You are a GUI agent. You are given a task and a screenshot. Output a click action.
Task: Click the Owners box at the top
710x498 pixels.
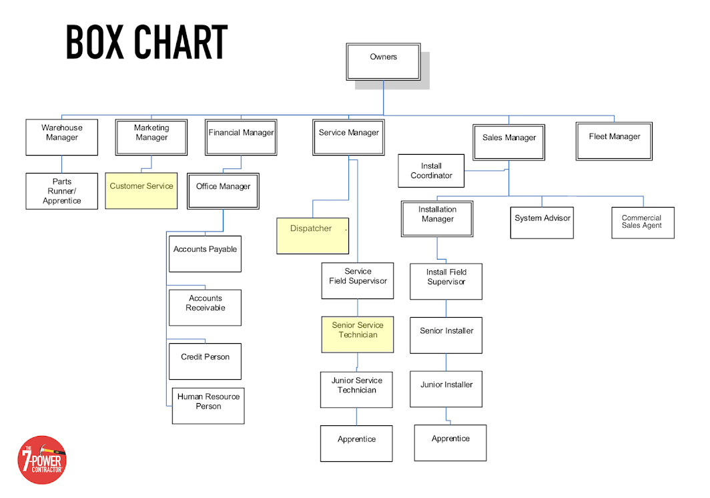(x=383, y=62)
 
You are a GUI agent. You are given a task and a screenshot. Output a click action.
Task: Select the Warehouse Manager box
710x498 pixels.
(x=61, y=137)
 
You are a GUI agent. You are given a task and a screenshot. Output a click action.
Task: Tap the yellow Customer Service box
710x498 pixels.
(x=141, y=190)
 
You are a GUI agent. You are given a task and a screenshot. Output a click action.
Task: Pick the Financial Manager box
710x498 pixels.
(x=241, y=137)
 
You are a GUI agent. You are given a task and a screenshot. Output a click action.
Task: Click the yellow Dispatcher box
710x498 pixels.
(x=312, y=235)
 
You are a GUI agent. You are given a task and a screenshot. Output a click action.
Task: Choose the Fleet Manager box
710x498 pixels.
(x=614, y=141)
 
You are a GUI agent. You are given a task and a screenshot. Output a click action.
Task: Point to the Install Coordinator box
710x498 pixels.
(x=431, y=171)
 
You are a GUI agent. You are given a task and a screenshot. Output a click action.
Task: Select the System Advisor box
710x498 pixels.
(x=543, y=222)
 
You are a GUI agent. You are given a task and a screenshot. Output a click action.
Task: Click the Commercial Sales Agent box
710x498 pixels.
(x=643, y=222)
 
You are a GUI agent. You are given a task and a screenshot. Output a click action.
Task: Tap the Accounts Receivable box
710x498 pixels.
(x=205, y=307)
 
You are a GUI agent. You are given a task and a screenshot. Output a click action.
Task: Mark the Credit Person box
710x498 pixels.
(x=205, y=361)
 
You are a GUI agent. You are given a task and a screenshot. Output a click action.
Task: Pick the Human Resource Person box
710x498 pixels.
(x=208, y=405)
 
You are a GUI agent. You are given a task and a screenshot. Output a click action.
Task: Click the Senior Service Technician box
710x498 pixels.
(x=358, y=334)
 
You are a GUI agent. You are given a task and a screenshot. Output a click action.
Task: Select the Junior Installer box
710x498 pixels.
(x=446, y=389)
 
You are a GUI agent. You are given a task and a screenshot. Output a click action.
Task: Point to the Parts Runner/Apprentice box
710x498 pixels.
(x=61, y=191)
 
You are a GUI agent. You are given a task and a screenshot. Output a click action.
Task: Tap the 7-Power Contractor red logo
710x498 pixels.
(x=41, y=459)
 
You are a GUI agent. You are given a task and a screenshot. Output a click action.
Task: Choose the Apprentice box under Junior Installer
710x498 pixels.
(x=450, y=442)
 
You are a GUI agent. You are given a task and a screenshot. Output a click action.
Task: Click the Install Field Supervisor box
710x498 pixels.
(x=446, y=281)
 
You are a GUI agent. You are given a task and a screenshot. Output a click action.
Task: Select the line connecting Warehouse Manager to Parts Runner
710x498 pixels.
(x=62, y=164)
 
